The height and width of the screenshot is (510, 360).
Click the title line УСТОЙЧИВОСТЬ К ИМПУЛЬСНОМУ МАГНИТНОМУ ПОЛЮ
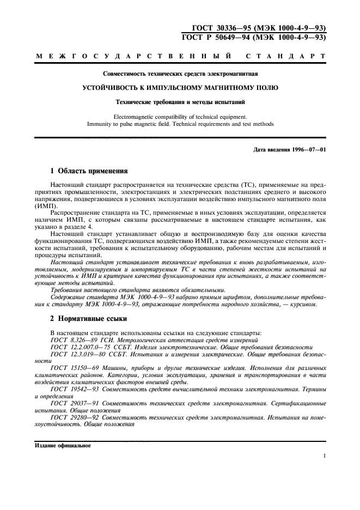tap(180, 87)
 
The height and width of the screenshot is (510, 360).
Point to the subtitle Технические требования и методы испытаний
tap(180, 102)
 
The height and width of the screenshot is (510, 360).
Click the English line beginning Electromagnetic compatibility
tap(180, 116)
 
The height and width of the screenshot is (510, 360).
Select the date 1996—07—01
tap(308, 150)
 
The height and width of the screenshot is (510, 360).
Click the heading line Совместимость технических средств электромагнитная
tap(180, 73)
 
